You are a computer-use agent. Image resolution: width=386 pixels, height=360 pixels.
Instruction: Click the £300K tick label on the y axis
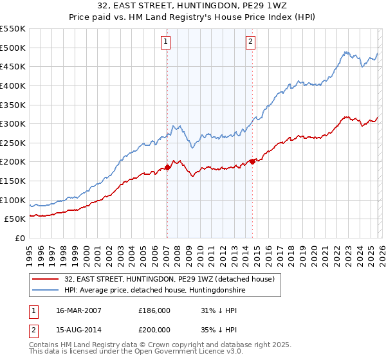[13, 123]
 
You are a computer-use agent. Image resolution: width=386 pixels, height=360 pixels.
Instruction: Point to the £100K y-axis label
[13, 200]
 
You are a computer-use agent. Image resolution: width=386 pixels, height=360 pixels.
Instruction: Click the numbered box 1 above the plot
[165, 42]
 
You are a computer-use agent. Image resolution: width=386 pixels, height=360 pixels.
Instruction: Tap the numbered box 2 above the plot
[250, 42]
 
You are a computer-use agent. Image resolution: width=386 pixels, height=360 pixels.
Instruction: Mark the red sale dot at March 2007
[167, 167]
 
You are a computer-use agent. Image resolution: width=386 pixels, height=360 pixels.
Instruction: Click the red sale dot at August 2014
[252, 161]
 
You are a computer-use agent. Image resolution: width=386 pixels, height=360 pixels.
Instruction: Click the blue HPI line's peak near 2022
[345, 52]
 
